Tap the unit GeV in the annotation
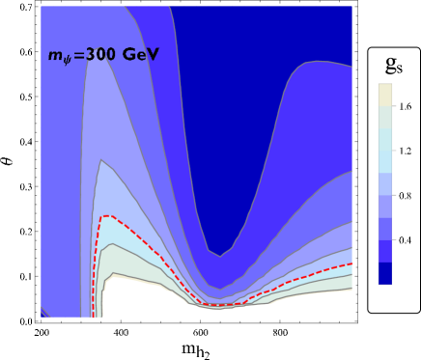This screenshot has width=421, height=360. pyautogui.click(x=141, y=55)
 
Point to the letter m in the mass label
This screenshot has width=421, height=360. pyautogui.click(x=54, y=56)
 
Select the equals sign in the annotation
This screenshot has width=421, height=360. pyautogui.click(x=76, y=56)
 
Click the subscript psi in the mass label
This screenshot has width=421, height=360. pyautogui.click(x=66, y=61)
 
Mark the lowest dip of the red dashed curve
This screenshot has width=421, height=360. pyautogui.click(x=220, y=305)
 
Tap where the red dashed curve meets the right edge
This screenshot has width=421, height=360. pyautogui.click(x=351, y=263)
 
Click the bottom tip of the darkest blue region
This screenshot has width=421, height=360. pyautogui.click(x=220, y=256)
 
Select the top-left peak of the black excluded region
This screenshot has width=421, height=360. pyautogui.click(x=114, y=274)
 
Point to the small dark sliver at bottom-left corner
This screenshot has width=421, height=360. pyautogui.click(x=43, y=314)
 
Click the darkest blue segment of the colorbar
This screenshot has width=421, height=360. pyautogui.click(x=385, y=275)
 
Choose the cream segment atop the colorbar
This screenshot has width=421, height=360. pyautogui.click(x=385, y=94)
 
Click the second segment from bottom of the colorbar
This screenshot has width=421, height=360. pyautogui.click(x=385, y=252)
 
